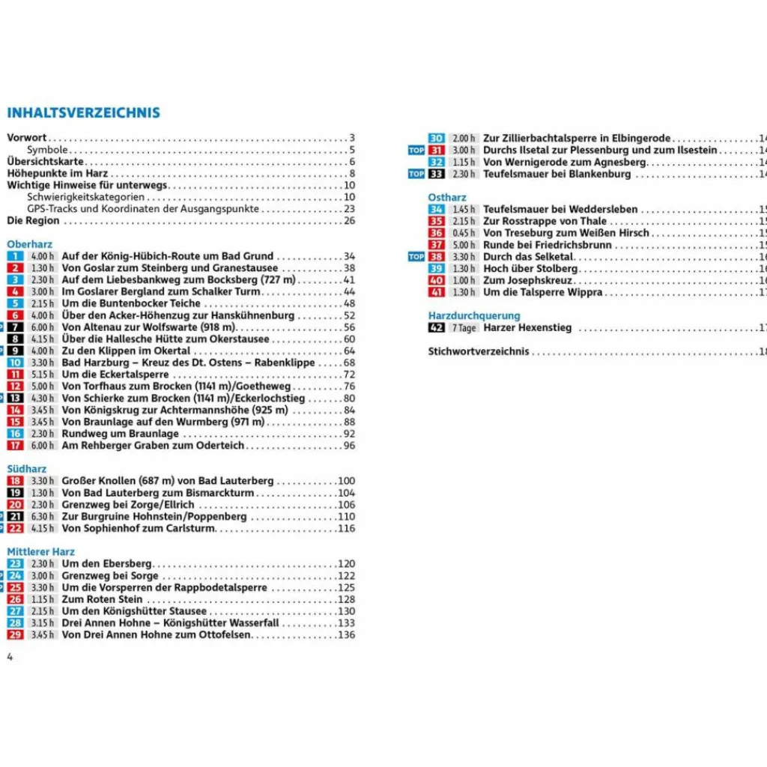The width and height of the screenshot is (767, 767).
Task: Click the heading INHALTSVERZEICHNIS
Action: pyautogui.click(x=83, y=113)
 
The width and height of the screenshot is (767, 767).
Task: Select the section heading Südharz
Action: pyautogui.click(x=26, y=469)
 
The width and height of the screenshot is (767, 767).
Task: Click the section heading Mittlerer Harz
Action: pyautogui.click(x=40, y=552)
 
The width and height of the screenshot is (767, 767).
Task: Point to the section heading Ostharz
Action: pyautogui.click(x=447, y=197)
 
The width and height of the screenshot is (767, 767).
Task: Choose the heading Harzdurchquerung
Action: pyautogui.click(x=473, y=316)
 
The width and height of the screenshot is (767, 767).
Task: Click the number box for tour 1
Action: pyautogui.click(x=15, y=256)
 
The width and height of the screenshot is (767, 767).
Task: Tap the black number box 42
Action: pyautogui.click(x=436, y=328)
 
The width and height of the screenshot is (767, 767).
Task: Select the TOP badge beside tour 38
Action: pyautogui.click(x=416, y=257)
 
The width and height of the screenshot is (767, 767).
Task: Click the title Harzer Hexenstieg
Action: pyautogui.click(x=527, y=328)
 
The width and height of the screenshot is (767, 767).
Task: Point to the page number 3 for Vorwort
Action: pyautogui.click(x=351, y=138)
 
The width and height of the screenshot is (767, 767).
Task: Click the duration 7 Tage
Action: pyautogui.click(x=463, y=328)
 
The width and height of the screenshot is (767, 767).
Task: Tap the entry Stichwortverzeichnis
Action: pyautogui.click(x=478, y=351)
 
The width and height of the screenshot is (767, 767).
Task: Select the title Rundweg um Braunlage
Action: pyautogui.click(x=120, y=434)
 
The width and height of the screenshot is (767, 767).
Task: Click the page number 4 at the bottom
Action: pyautogui.click(x=10, y=657)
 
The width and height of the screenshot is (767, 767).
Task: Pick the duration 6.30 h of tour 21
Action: pyautogui.click(x=42, y=517)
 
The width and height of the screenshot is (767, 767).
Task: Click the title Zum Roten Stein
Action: pyautogui.click(x=102, y=600)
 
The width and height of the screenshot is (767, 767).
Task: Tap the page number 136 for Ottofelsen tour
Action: pyautogui.click(x=346, y=635)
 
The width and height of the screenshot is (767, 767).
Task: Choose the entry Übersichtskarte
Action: pyautogui.click(x=45, y=162)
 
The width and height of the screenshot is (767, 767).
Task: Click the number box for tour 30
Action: pyautogui.click(x=436, y=139)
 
